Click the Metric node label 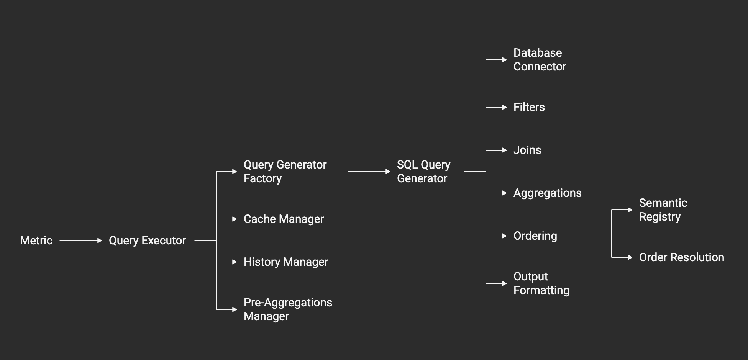pos(36,241)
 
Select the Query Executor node pos(147,241)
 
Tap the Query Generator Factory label pos(285,172)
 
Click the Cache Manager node pos(284,219)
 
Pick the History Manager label pos(286,262)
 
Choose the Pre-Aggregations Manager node pos(287,309)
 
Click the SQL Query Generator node pos(423,172)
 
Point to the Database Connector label pos(540,60)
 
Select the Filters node pos(529,107)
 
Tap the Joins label pos(527,150)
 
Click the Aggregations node pos(547,193)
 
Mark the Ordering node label pos(535,236)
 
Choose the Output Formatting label pos(541,283)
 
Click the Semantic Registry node pos(663,210)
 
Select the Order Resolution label pos(681,257)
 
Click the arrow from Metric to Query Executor pos(80,241)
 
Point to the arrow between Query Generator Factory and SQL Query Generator pos(369,172)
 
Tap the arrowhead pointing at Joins pos(504,150)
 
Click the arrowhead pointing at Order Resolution pos(630,257)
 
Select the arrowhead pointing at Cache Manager pos(235,219)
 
